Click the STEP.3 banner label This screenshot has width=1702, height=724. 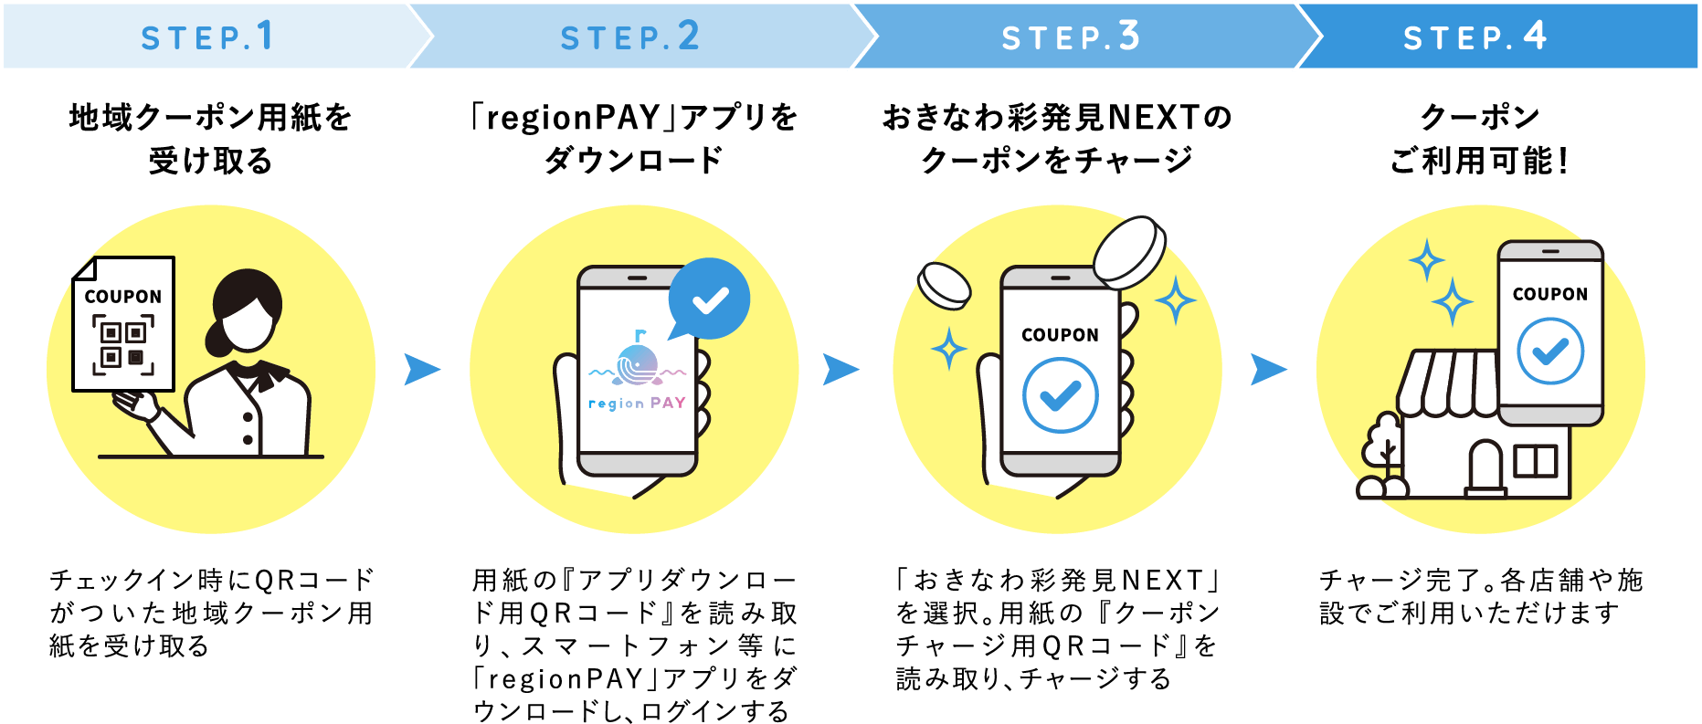pyautogui.click(x=1071, y=37)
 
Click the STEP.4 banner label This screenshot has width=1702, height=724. pyautogui.click(x=1475, y=37)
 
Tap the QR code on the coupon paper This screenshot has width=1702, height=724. pyautogui.click(x=123, y=345)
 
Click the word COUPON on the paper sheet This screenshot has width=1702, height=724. pyautogui.click(x=123, y=297)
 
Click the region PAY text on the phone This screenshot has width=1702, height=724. pyautogui.click(x=637, y=403)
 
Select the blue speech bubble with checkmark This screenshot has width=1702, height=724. pyautogui.click(x=709, y=299)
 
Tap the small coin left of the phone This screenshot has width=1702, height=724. pyautogui.click(x=944, y=285)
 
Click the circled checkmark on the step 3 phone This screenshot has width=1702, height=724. pyautogui.click(x=1060, y=395)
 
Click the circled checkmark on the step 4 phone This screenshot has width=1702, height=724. pyautogui.click(x=1550, y=351)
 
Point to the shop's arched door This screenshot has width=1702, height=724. pyautogui.click(x=1485, y=467)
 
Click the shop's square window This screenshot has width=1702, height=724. pyautogui.click(x=1535, y=460)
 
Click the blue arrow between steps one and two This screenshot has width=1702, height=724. pyautogui.click(x=421, y=370)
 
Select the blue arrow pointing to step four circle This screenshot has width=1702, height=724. pyautogui.click(x=1268, y=370)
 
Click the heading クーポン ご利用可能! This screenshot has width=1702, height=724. pyautogui.click(x=1479, y=139)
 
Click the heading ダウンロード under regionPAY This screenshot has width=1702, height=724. pyautogui.click(x=633, y=161)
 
